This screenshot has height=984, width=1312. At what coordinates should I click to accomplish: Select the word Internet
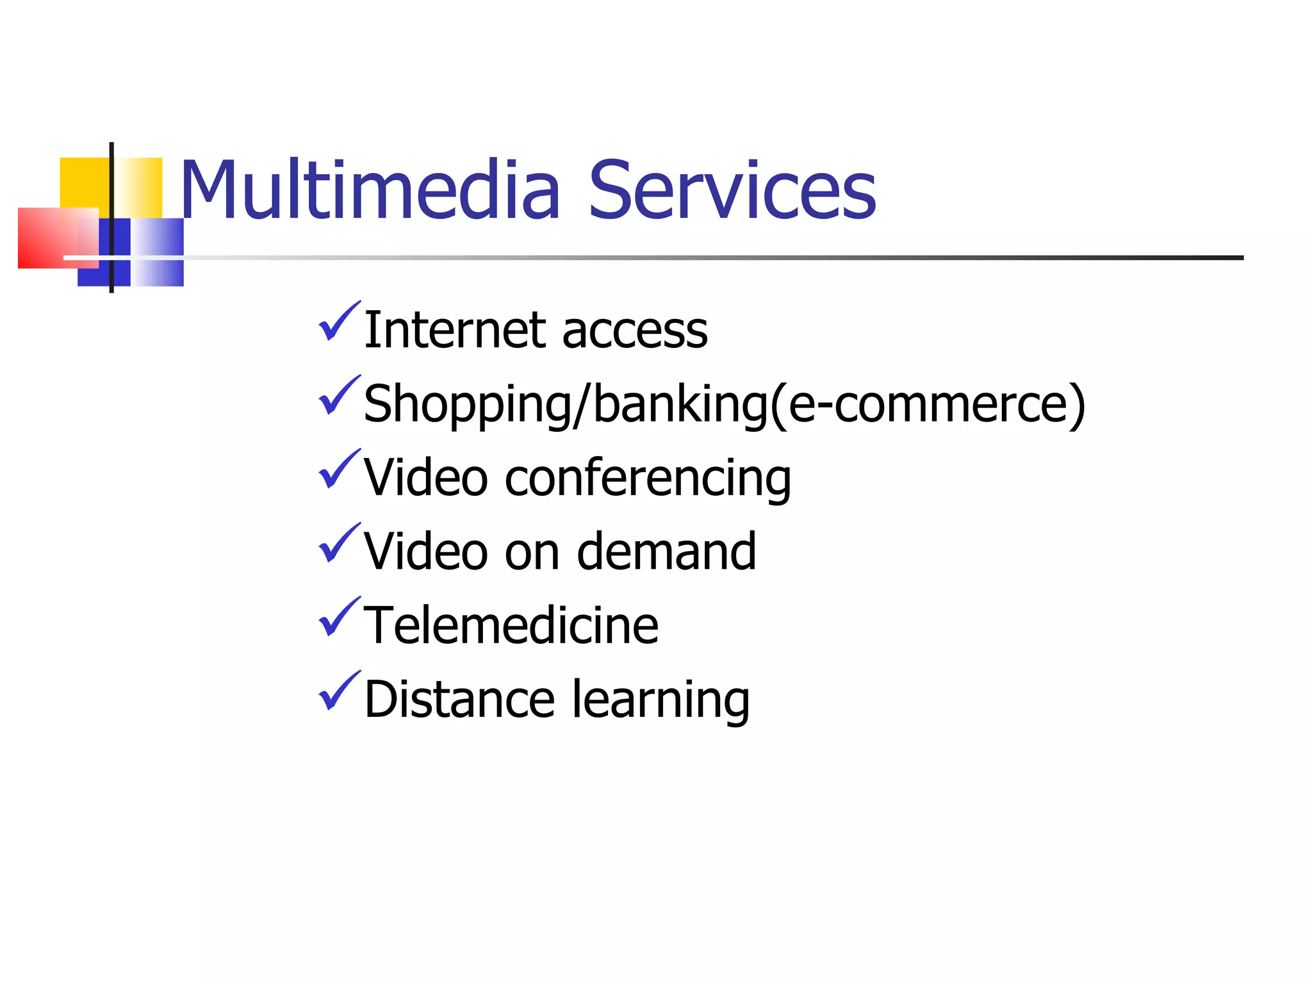pos(455,330)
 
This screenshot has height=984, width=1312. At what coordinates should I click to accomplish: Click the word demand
pos(666,552)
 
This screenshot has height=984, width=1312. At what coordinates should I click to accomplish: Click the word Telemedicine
pos(511,625)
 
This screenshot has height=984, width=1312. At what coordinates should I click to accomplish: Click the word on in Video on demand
pos(532,552)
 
